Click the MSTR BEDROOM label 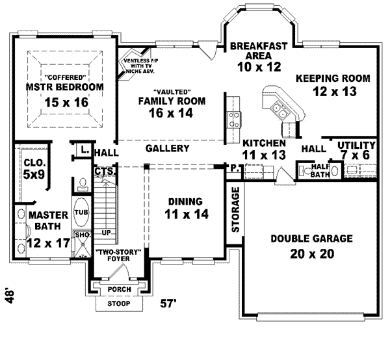(x=64, y=86)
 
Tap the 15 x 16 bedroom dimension (x=64, y=102)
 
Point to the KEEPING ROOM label (x=333, y=78)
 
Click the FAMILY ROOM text (x=172, y=101)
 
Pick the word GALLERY (x=167, y=148)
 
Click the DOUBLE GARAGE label (x=311, y=238)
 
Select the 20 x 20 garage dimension (x=311, y=253)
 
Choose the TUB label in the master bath (x=81, y=212)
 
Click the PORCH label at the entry (x=120, y=289)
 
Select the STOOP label (x=118, y=303)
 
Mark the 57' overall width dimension (x=168, y=303)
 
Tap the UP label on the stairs (x=106, y=232)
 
